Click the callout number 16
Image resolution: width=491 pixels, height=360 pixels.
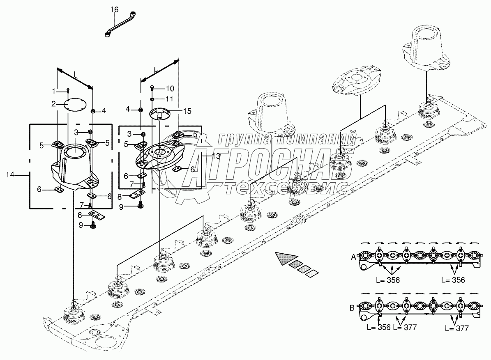click(114, 9)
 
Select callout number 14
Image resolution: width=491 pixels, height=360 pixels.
click(11, 175)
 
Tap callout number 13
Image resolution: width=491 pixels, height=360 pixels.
click(216, 156)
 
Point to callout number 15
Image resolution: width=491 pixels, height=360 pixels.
click(187, 111)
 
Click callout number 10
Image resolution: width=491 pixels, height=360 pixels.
click(170, 88)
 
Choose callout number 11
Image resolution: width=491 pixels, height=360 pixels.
click(170, 99)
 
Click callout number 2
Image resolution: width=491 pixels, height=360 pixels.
click(54, 104)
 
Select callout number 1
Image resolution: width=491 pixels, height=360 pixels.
click(54, 90)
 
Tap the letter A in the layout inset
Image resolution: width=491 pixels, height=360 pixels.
click(353, 257)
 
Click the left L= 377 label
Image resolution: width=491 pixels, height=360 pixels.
click(405, 328)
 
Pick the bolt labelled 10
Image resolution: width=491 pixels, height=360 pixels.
click(153, 88)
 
